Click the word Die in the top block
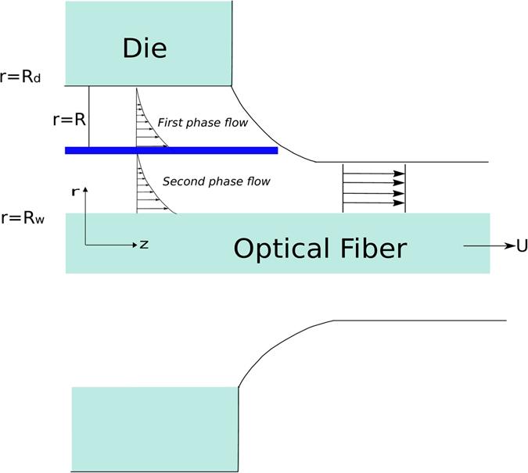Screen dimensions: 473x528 pos(145,48)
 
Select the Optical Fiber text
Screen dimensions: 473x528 pos(320,248)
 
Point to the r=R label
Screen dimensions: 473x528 pos(67,120)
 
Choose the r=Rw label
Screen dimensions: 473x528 pos(23,218)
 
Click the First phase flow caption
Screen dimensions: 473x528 pos(202,123)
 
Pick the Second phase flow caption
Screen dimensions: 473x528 pos(216,181)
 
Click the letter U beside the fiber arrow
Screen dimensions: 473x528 pos(521,246)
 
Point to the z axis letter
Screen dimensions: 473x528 pos(143,244)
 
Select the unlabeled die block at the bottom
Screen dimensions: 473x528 pos(154,428)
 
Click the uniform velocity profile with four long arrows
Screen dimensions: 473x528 pos(374,188)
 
